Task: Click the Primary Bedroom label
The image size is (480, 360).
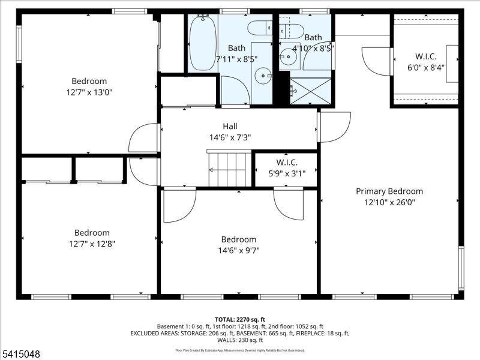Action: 389,191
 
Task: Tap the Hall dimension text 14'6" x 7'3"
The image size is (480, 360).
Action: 230,137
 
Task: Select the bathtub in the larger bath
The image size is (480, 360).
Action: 202,43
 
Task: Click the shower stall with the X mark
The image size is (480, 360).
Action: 310,91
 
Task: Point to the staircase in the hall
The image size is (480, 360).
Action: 230,169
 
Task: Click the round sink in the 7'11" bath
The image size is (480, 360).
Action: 263,76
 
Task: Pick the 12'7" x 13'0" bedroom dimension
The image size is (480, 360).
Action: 89,92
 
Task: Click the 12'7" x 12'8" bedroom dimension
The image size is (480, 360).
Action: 92,244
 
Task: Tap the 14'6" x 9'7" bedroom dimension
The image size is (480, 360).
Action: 239,250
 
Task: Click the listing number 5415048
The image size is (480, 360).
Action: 21,354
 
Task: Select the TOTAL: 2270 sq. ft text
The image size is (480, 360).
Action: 239,319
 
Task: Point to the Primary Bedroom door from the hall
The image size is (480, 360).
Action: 335,127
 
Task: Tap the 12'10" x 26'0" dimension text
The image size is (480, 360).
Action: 389,202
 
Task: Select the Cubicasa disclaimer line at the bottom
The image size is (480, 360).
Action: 239,349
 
